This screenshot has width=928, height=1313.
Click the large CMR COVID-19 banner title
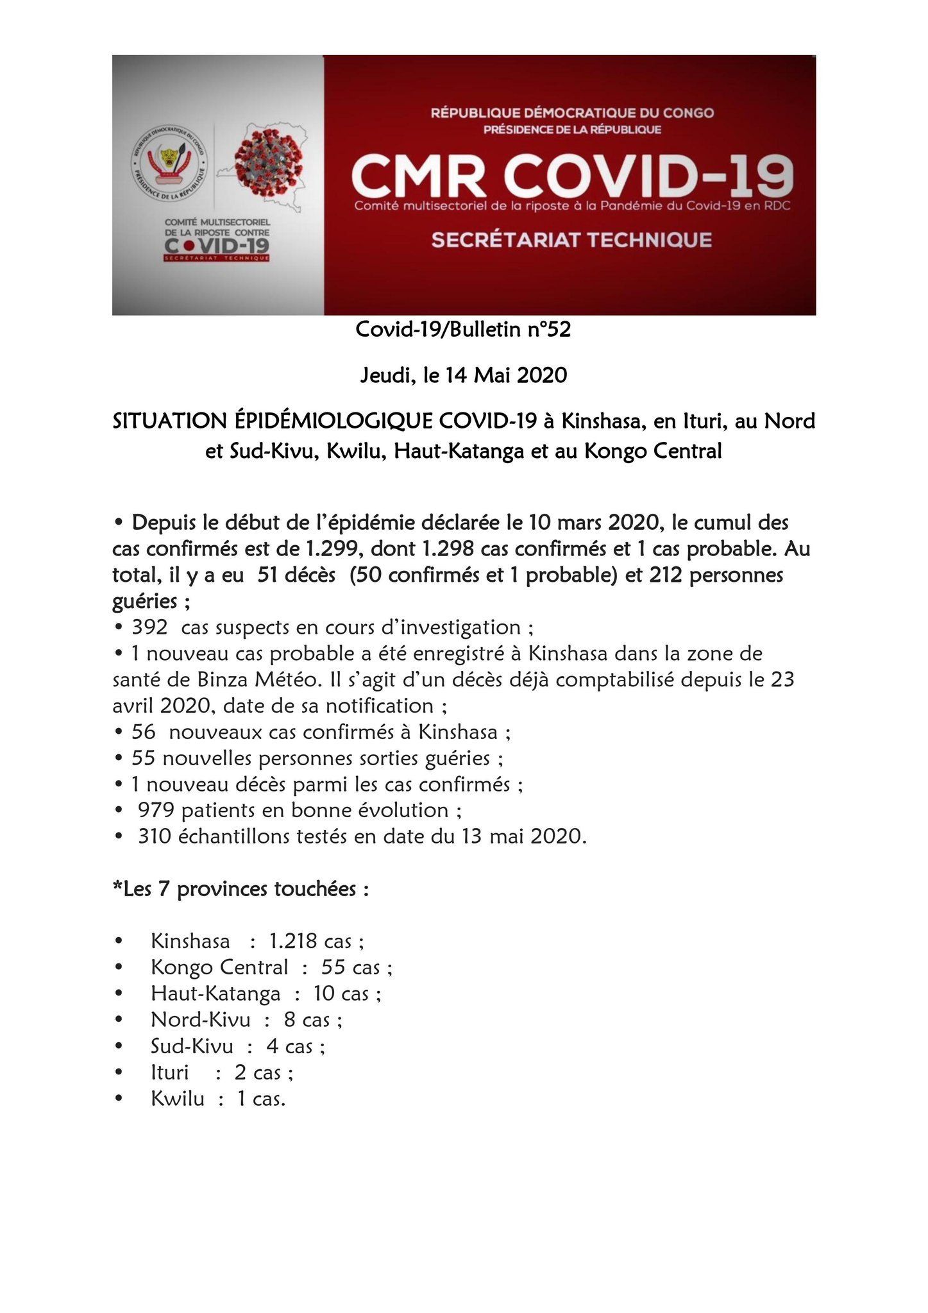(x=572, y=176)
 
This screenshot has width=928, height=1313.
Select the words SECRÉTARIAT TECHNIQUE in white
(x=571, y=240)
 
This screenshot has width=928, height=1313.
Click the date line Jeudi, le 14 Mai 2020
(x=464, y=375)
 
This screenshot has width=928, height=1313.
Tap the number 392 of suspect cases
(x=149, y=627)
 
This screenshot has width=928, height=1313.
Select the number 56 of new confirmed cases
(x=144, y=732)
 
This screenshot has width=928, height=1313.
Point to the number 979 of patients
(x=156, y=810)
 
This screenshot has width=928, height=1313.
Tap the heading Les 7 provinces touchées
(x=241, y=889)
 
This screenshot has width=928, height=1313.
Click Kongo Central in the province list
(x=219, y=967)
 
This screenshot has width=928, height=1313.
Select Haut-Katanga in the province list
(x=215, y=994)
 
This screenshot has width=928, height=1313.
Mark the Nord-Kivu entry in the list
(x=200, y=1020)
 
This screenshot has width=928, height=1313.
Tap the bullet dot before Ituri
(x=119, y=1072)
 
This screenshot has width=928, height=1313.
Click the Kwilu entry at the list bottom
(x=178, y=1099)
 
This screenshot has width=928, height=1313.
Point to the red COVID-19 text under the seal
(x=217, y=246)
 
